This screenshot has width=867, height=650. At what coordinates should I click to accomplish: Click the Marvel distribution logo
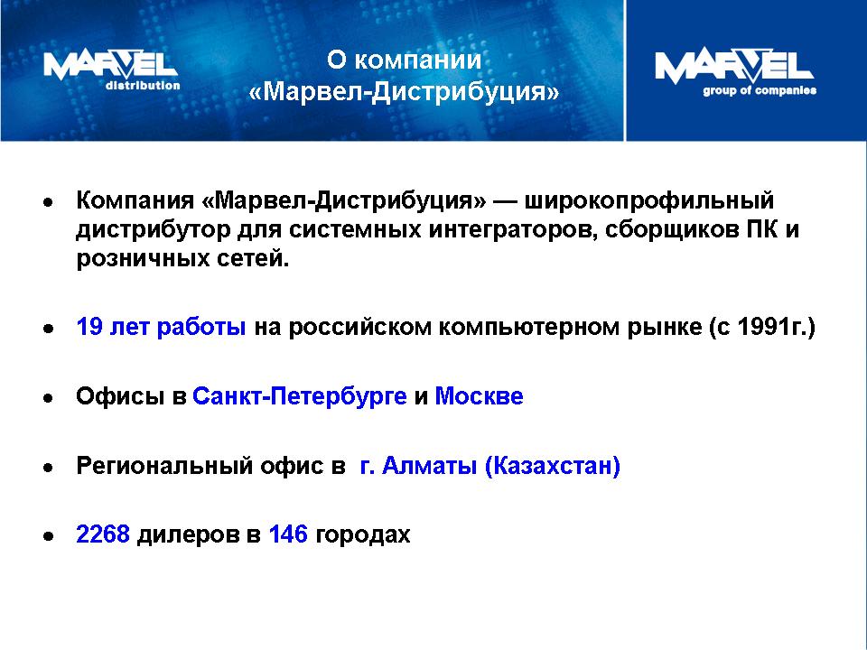[x=112, y=70]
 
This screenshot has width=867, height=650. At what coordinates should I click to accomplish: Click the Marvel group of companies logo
[x=735, y=72]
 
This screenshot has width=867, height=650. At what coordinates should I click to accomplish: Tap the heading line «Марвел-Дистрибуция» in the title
[x=405, y=92]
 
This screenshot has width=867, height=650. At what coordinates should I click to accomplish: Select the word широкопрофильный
[x=648, y=200]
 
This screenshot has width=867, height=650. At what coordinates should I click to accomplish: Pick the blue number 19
[x=89, y=327]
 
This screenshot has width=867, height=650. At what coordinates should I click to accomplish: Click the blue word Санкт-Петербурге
[x=300, y=396]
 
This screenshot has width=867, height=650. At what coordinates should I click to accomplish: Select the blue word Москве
[x=479, y=396]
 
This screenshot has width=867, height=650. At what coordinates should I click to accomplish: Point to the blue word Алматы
[x=430, y=466]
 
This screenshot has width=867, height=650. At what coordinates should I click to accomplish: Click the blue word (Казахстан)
[x=553, y=466]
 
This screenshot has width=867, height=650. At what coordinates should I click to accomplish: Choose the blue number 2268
[x=103, y=534]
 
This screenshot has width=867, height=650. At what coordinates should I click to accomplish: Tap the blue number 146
[x=288, y=534]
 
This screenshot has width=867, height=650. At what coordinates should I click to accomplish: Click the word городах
[x=363, y=535]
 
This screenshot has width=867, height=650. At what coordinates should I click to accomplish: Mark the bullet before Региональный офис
[x=49, y=468]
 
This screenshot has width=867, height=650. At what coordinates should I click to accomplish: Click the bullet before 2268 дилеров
[x=49, y=536]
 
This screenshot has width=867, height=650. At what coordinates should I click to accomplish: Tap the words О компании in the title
[x=405, y=60]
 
